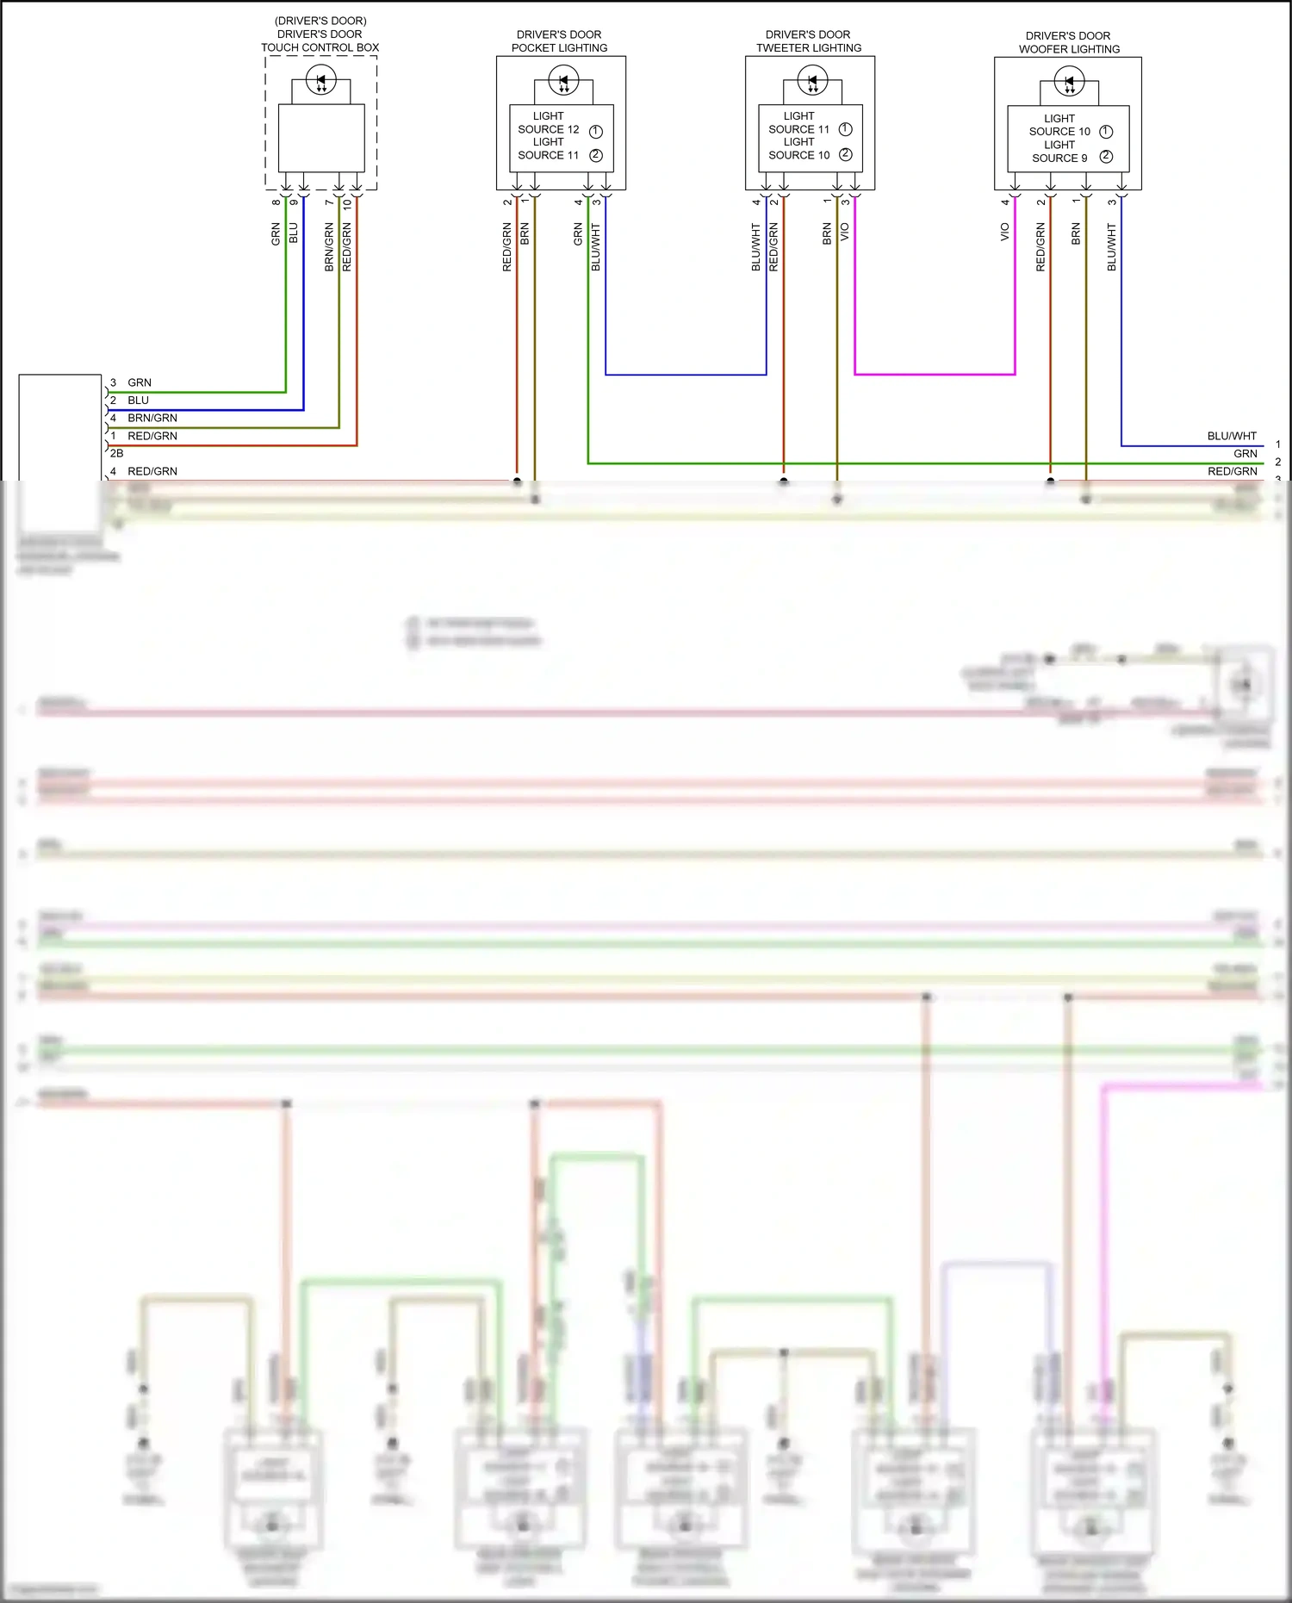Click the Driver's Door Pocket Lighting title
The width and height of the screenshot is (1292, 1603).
(559, 41)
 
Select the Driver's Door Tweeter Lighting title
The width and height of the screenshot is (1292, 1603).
(808, 41)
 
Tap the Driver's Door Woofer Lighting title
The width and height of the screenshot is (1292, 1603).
(1069, 42)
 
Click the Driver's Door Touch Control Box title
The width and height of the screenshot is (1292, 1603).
(320, 34)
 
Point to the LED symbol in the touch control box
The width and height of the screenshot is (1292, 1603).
(321, 80)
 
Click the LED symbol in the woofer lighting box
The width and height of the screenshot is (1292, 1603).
(1069, 83)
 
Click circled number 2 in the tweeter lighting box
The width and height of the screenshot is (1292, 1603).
(845, 154)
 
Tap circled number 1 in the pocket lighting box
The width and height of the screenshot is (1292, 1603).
(595, 131)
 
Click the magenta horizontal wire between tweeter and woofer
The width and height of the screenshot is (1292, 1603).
(935, 375)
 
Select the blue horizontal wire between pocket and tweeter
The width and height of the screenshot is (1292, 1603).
(686, 375)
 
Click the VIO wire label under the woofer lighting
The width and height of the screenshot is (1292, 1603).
(1004, 232)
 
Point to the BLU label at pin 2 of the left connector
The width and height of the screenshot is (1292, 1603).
(138, 401)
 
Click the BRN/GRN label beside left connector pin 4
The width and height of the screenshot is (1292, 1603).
(152, 418)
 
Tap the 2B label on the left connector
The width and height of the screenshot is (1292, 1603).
(117, 453)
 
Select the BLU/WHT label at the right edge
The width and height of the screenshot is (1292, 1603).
(1232, 436)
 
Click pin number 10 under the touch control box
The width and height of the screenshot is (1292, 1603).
(347, 205)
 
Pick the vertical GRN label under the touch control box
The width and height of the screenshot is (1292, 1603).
(276, 234)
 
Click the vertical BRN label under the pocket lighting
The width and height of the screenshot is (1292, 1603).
(525, 234)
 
